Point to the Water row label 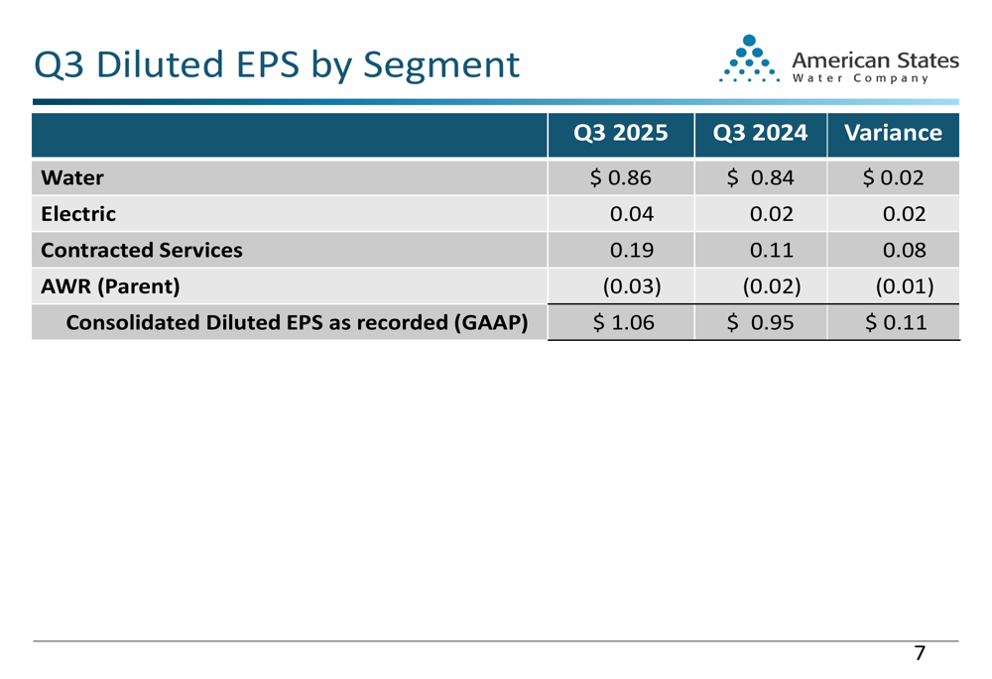[71, 178]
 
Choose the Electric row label [78, 213]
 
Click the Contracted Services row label [142, 250]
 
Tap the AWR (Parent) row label [109, 286]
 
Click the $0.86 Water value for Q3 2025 [621, 178]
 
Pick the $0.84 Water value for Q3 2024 [759, 178]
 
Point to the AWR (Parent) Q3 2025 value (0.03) [627, 286]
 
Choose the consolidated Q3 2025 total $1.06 [621, 322]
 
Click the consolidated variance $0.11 [892, 322]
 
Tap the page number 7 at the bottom [920, 653]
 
